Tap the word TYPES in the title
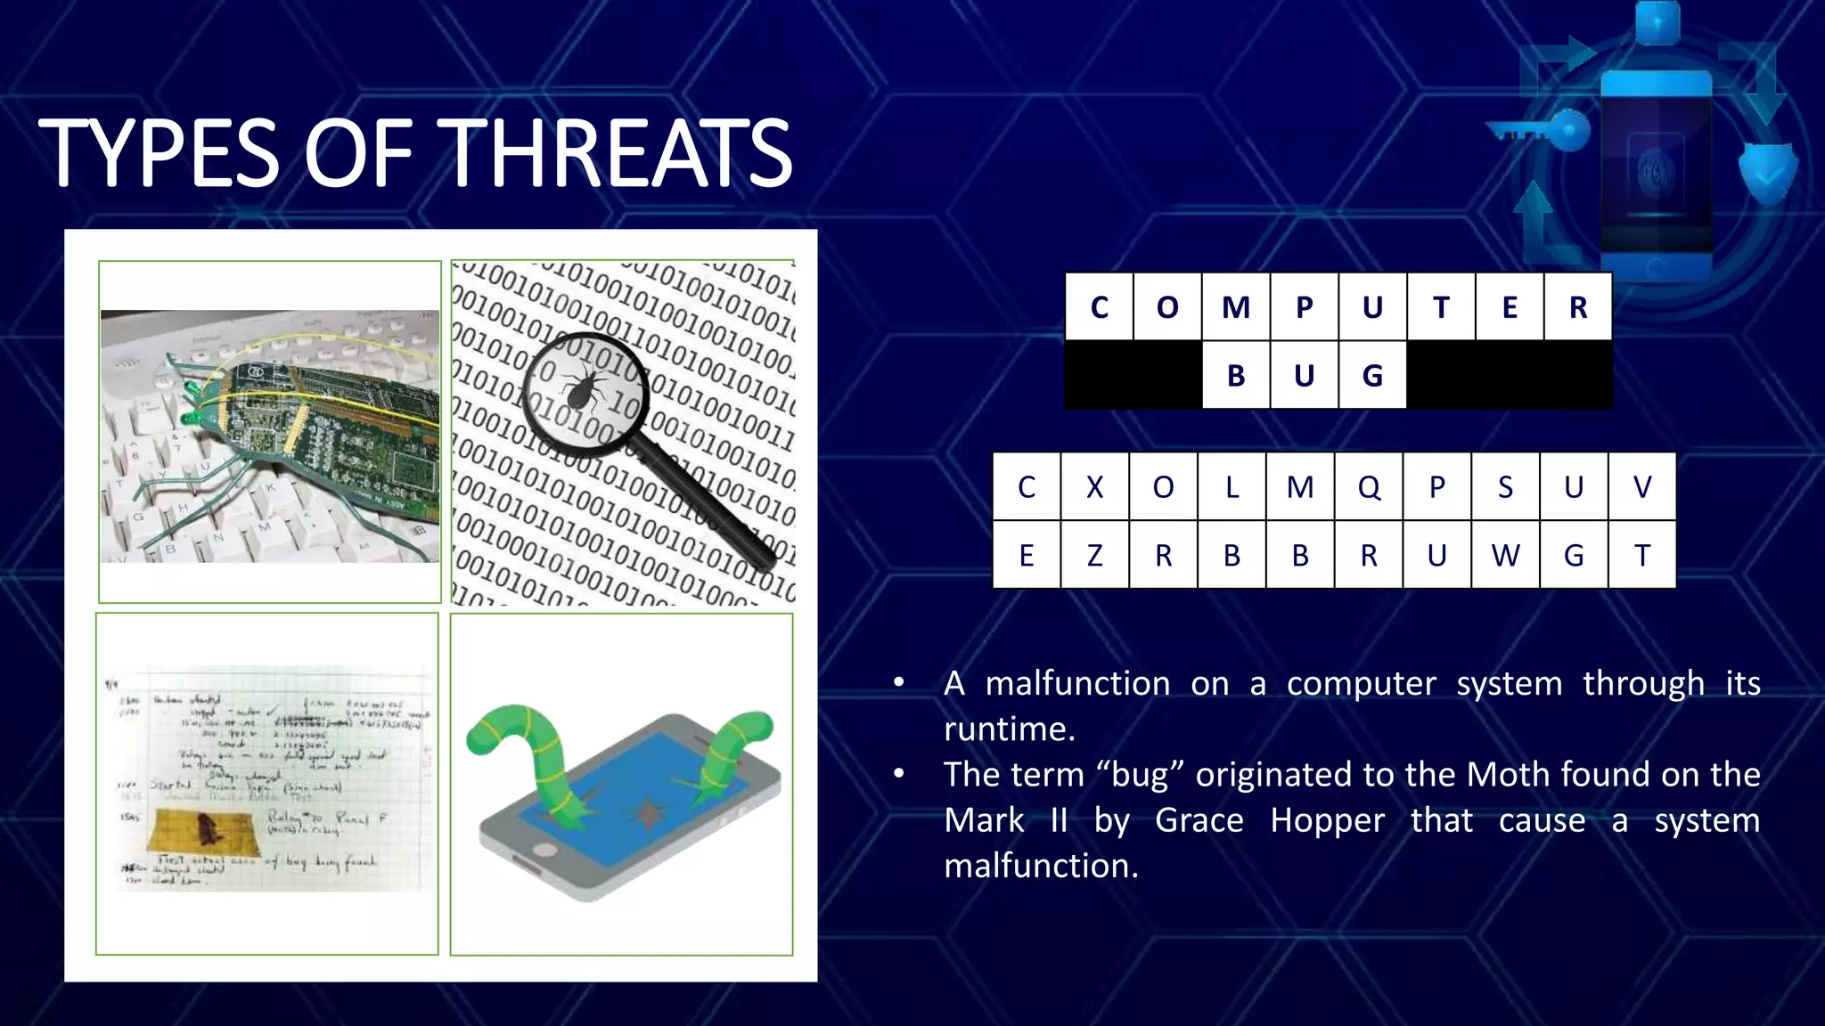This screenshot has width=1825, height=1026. [x=159, y=153]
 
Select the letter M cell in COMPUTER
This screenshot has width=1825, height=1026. [x=1235, y=307]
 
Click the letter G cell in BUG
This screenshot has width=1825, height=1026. [x=1372, y=376]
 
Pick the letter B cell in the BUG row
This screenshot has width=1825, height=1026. [x=1235, y=376]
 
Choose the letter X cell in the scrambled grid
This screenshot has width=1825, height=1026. [x=1094, y=487]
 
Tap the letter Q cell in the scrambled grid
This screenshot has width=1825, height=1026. [x=1369, y=487]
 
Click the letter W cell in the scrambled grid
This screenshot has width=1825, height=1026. [x=1505, y=556]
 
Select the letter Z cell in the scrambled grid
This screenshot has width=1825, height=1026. [x=1094, y=556]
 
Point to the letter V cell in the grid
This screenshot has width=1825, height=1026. [x=1642, y=487]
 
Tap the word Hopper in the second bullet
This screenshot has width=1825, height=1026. [x=1327, y=820]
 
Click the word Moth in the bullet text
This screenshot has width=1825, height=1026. [x=1503, y=774]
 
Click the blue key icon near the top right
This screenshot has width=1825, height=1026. [x=1542, y=133]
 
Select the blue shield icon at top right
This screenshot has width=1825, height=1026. [x=1768, y=171]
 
